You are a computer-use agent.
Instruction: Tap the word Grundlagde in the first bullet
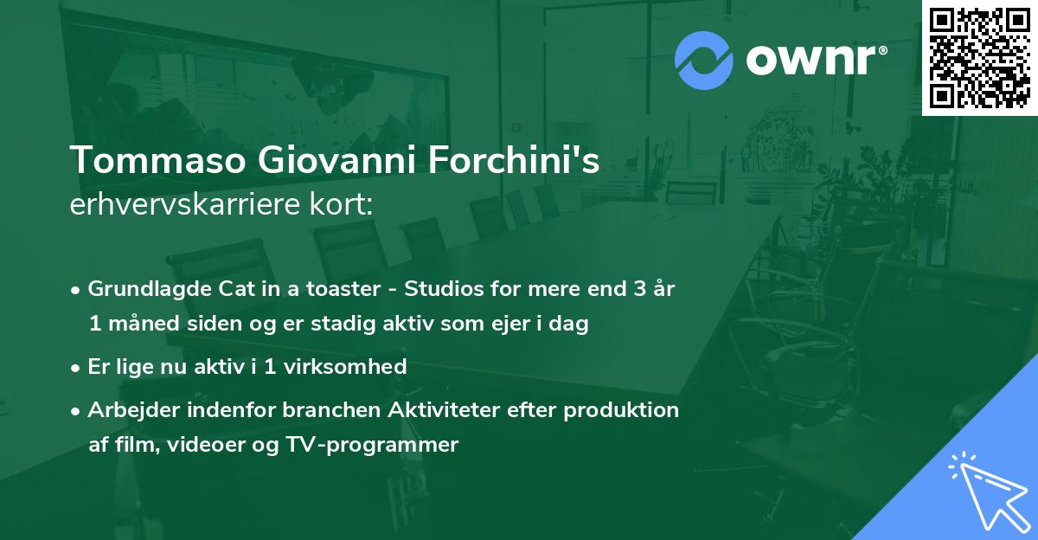point(141,288)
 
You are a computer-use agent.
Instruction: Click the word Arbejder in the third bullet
point(126,409)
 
